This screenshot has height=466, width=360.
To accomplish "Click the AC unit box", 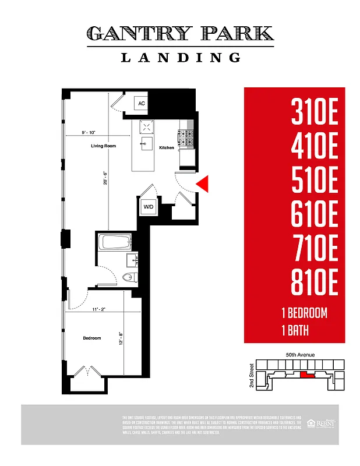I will [141, 103].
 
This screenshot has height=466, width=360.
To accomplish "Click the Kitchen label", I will [167, 148].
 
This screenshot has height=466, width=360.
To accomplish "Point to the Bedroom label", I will [91, 338].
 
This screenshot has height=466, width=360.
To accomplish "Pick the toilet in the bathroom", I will [131, 277].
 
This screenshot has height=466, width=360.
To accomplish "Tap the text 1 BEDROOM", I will [303, 314].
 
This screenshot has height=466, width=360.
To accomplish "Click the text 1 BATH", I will [295, 331].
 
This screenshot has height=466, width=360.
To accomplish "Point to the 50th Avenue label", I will [301, 355].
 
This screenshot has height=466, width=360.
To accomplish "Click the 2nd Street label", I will [252, 376].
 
